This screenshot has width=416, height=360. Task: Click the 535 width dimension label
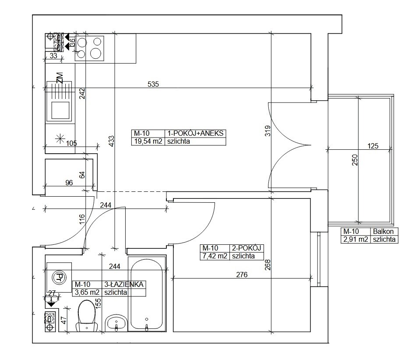coord(153,84)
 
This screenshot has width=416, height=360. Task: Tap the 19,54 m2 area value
coord(148,141)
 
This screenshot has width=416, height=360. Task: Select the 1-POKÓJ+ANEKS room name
coord(195,133)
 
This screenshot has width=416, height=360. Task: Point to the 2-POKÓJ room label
coord(247,248)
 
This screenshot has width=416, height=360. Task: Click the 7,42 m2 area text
coord(215,256)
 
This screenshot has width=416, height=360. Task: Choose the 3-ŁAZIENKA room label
coord(124,284)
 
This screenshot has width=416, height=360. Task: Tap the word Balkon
coord(383,231)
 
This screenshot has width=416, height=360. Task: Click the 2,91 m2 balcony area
coord(356,239)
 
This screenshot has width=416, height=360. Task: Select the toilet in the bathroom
coord(87,315)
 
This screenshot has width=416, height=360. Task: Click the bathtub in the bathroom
coord(147,294)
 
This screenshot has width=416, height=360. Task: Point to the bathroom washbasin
coord(116,323)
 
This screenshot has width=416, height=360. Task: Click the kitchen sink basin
coord(60,110)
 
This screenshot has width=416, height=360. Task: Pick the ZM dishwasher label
coord(60,78)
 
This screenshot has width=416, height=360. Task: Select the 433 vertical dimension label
coord(111,141)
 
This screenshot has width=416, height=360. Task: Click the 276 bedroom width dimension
coord(242,275)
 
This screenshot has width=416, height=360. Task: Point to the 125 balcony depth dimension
coord(373,146)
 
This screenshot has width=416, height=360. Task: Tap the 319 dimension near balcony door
coord(268,131)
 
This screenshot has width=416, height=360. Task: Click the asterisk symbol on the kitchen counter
coord(60,138)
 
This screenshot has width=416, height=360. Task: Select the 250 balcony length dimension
coord(355,160)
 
